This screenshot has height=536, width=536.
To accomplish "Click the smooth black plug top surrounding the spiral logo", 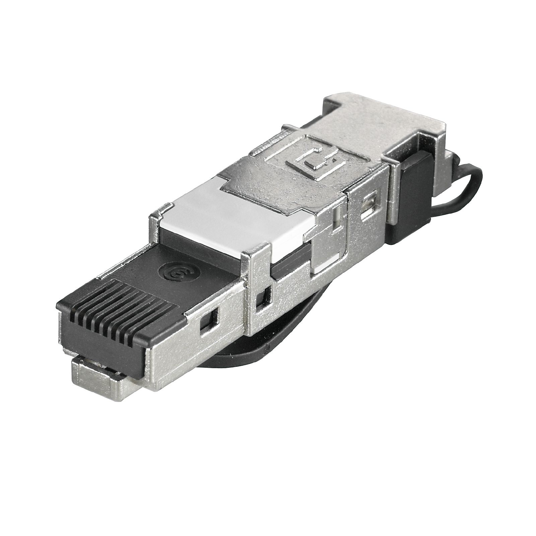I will point(141,268).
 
